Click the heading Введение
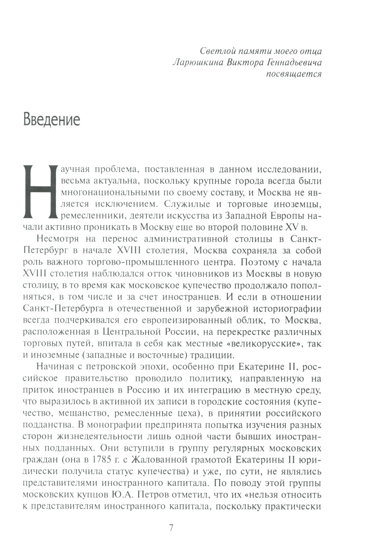pyautogui.click(x=52, y=119)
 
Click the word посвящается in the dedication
pyautogui.click(x=294, y=74)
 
